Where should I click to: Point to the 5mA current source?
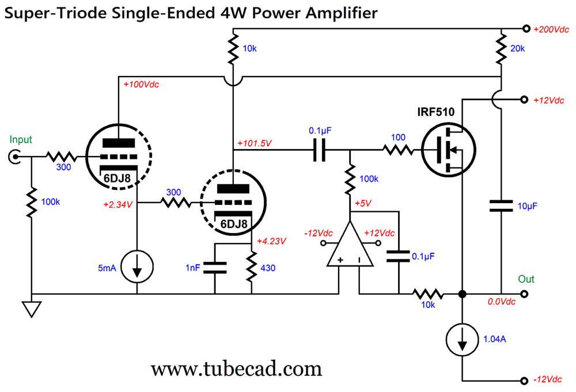pyautogui.click(x=137, y=267)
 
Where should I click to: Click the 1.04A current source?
pyautogui.click(x=463, y=340)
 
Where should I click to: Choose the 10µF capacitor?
pyautogui.click(x=502, y=206)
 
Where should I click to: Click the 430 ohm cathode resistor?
pyautogui.click(x=252, y=267)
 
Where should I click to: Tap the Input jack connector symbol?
pyautogui.click(x=16, y=155)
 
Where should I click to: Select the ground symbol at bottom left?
pyautogui.click(x=32, y=309)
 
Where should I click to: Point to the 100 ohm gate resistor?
pyautogui.click(x=397, y=151)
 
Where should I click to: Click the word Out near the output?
pyautogui.click(x=526, y=279)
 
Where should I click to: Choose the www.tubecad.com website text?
pyautogui.click(x=236, y=367)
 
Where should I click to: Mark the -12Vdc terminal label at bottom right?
pyautogui.click(x=549, y=380)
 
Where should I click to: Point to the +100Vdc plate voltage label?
pyautogui.click(x=141, y=85)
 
